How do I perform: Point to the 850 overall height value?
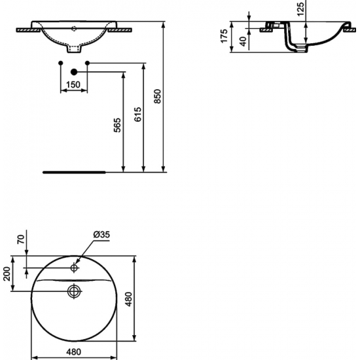[156, 97]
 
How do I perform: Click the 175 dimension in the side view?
[224, 36]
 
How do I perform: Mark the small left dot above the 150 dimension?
[60, 63]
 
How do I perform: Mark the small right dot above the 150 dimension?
[87, 63]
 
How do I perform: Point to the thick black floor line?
[75, 172]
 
